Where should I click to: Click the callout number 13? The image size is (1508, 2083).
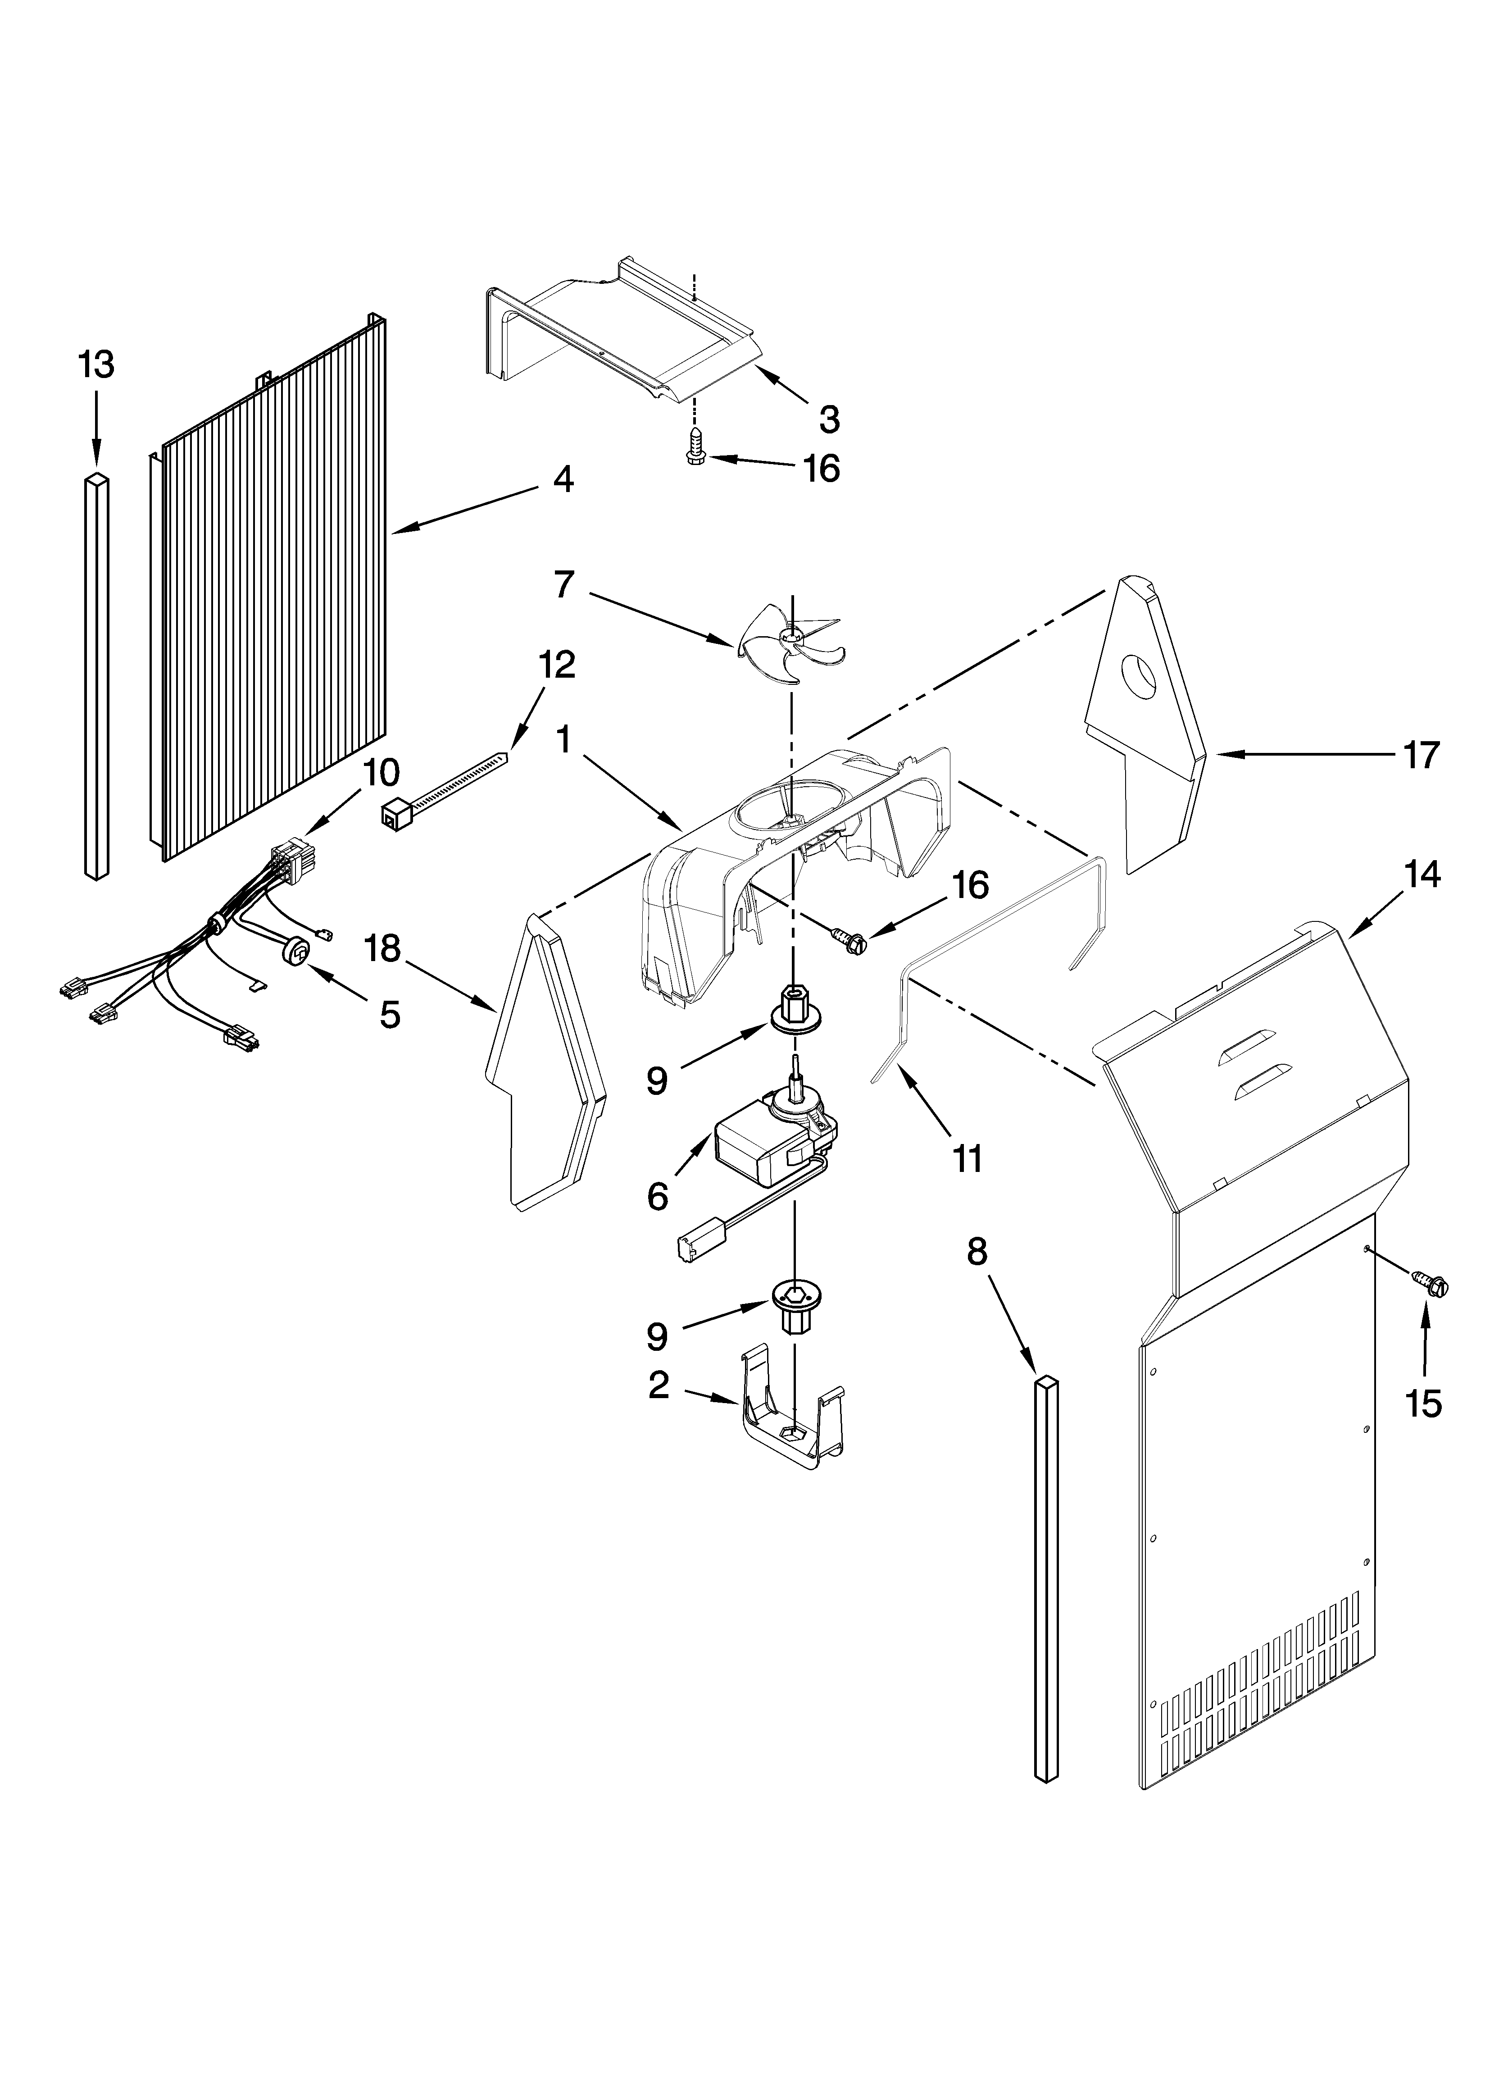(x=95, y=365)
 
